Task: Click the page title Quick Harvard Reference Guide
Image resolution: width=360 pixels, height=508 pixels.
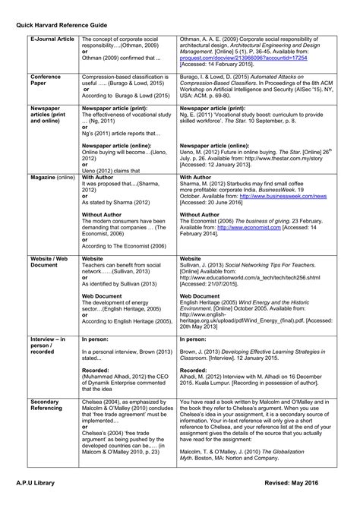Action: pyautogui.click(x=64, y=22)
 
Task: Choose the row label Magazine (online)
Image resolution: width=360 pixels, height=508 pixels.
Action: pyautogui.click(x=52, y=178)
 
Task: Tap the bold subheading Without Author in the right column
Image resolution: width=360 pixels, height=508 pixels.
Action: pyautogui.click(x=201, y=214)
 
